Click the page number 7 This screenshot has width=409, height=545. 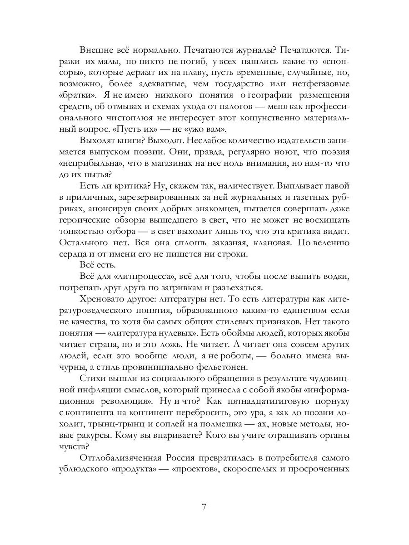pyautogui.click(x=204, y=508)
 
